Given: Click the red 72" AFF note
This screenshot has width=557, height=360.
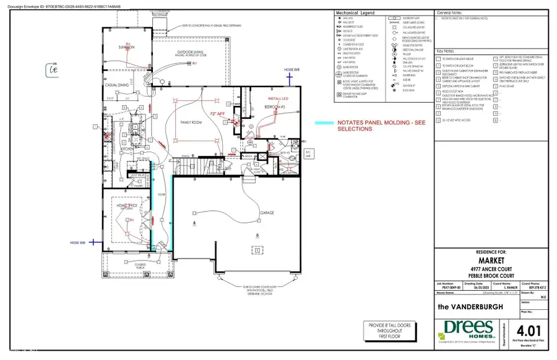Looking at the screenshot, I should pyautogui.click(x=218, y=114).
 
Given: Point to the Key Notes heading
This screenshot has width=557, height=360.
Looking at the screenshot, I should pyautogui.click(x=447, y=52).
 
